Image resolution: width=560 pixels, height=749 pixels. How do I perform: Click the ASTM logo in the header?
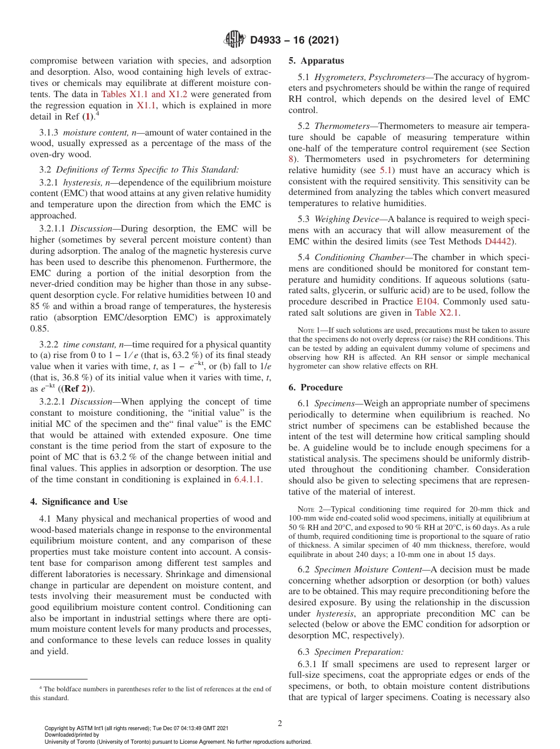click(x=235, y=40)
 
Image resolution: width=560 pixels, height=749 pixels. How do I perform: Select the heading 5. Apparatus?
click(x=316, y=61)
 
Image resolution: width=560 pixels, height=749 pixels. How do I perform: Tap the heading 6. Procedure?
click(x=315, y=387)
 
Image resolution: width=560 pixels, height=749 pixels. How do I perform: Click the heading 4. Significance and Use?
click(x=78, y=502)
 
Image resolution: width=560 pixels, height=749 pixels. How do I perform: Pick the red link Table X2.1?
click(x=437, y=313)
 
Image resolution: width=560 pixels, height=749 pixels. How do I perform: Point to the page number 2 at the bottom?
click(x=280, y=724)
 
